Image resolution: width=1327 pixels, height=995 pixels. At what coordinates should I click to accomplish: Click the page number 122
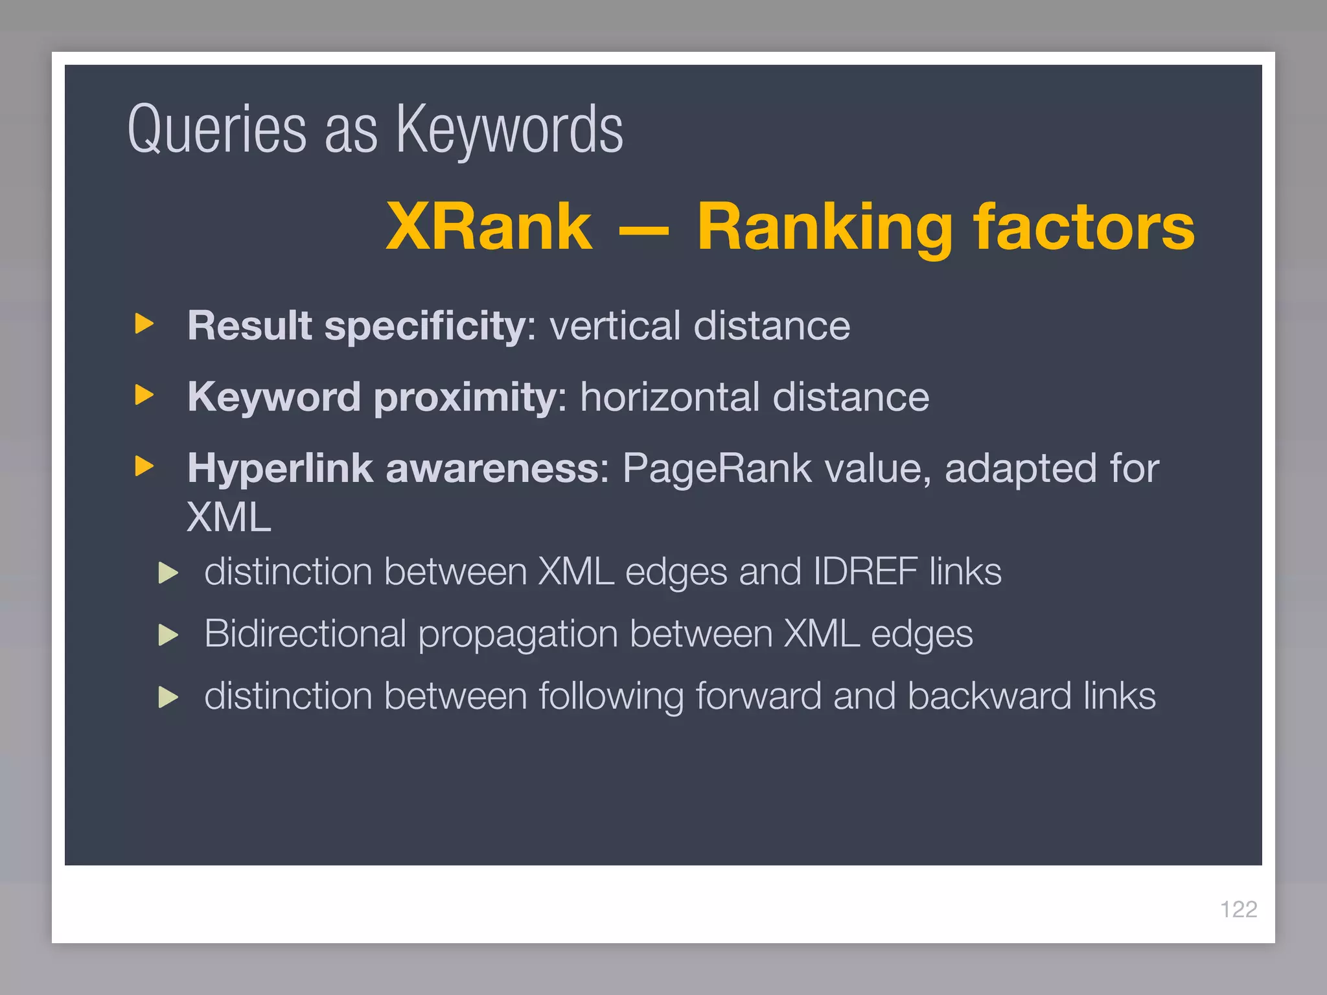coord(1238,909)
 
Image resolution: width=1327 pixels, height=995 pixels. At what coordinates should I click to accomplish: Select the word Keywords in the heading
coord(509,130)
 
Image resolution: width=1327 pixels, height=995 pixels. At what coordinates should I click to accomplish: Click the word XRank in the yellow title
coord(489,226)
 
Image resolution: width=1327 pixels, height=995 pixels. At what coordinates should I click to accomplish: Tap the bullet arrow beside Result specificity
coord(144,323)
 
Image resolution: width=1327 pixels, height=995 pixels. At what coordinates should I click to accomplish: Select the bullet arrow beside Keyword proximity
coord(144,395)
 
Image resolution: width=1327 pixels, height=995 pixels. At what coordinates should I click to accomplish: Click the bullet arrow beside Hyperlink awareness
coord(144,466)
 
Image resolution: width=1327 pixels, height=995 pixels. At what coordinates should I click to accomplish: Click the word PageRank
coord(717,468)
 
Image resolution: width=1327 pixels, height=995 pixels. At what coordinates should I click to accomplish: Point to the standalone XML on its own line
coord(229,518)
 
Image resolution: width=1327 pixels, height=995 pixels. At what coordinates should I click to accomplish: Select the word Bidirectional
coord(305,634)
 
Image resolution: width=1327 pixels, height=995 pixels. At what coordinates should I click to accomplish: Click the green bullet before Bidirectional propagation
coord(168,635)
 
